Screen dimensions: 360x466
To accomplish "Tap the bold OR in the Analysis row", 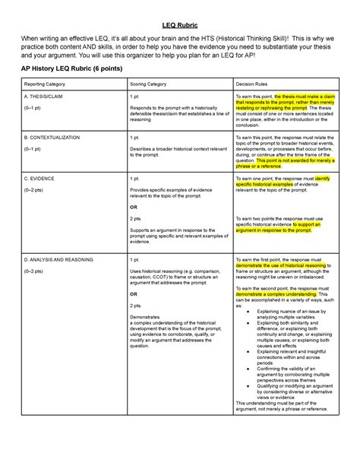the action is point(134,296).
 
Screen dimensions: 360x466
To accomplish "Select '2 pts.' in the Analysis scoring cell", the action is point(137,307).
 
